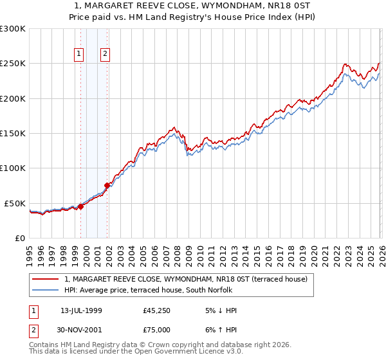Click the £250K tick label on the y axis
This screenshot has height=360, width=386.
[13, 64]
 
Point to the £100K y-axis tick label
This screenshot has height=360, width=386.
[13, 168]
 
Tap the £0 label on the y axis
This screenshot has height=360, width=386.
[19, 238]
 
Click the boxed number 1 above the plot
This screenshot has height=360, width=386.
[79, 55]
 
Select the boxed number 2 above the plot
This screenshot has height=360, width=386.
[104, 55]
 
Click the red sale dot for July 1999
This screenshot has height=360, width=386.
[81, 206]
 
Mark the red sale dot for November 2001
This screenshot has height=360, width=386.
[107, 186]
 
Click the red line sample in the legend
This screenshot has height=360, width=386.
[46, 279]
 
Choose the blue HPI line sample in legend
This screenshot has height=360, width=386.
[46, 290]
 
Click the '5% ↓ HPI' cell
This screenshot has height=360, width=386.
[220, 310]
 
